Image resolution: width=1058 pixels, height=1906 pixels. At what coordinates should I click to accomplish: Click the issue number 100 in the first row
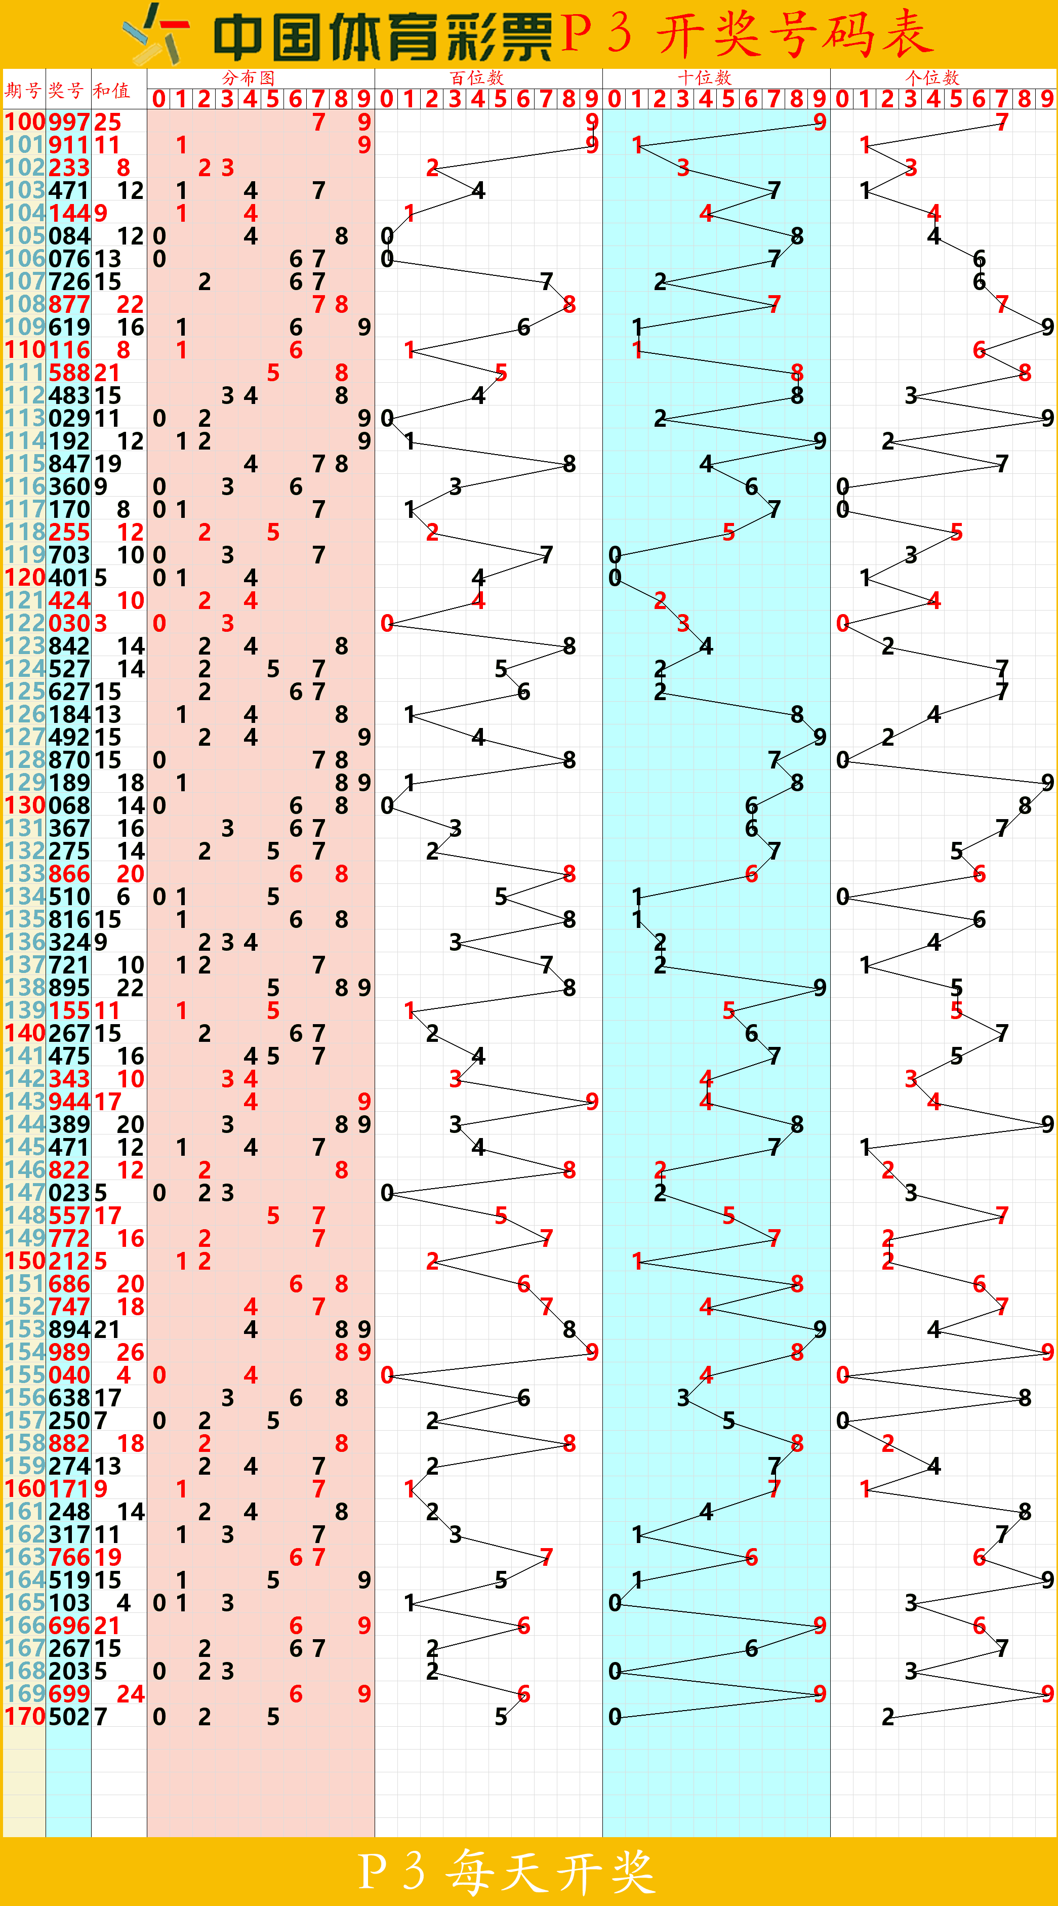[x=26, y=122]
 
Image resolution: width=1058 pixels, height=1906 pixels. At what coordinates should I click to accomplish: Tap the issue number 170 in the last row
[x=26, y=1717]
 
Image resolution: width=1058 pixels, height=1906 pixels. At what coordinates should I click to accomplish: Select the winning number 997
[x=69, y=122]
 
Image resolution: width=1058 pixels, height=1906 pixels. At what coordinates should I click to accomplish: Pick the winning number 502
[x=69, y=1717]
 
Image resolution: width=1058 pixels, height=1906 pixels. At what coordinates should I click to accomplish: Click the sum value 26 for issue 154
[x=130, y=1353]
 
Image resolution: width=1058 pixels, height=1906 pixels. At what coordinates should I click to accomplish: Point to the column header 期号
[x=23, y=90]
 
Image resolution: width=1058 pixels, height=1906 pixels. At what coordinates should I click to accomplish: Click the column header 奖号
[x=67, y=90]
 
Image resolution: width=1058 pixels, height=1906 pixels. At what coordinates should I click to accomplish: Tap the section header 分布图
[x=249, y=77]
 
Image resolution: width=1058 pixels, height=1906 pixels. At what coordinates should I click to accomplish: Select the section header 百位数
[x=476, y=77]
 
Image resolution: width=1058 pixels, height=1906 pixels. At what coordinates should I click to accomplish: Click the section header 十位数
[x=704, y=77]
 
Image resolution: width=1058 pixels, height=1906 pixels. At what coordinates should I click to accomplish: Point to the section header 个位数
[x=932, y=77]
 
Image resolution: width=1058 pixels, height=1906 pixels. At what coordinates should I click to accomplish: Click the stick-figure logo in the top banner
[x=157, y=34]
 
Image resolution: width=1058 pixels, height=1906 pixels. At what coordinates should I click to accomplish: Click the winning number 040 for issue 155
[x=69, y=1375]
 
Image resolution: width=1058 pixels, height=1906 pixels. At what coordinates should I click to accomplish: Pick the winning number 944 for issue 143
[x=69, y=1102]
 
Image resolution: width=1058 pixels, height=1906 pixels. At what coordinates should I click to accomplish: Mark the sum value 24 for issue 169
[x=130, y=1694]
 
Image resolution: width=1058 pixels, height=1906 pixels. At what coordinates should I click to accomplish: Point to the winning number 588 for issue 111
[x=69, y=373]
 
